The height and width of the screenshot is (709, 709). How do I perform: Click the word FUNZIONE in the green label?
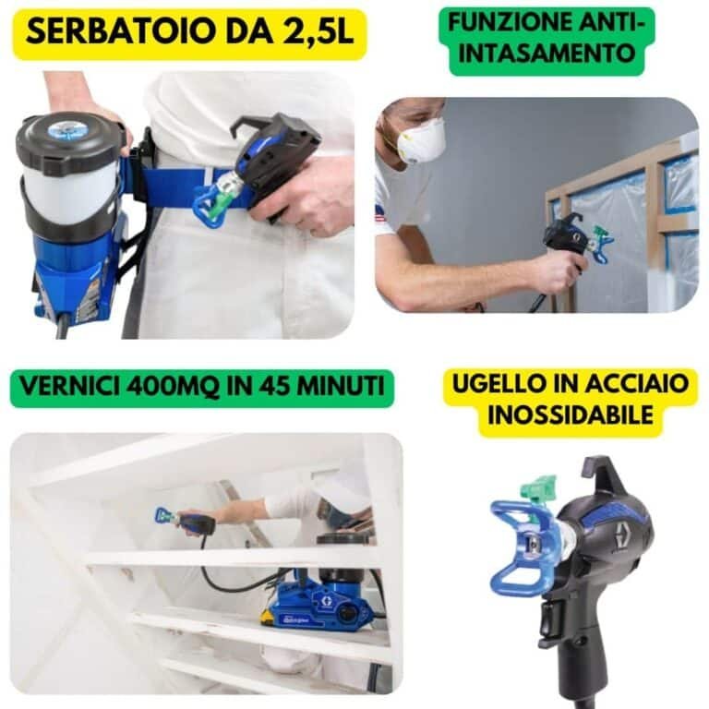pyautogui.click(x=504, y=22)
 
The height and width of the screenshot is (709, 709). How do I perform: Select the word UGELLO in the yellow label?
pyautogui.click(x=500, y=384)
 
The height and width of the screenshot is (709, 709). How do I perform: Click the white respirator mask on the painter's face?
pyautogui.click(x=421, y=139)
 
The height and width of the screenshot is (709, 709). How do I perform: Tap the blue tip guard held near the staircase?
pyautogui.click(x=163, y=515)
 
